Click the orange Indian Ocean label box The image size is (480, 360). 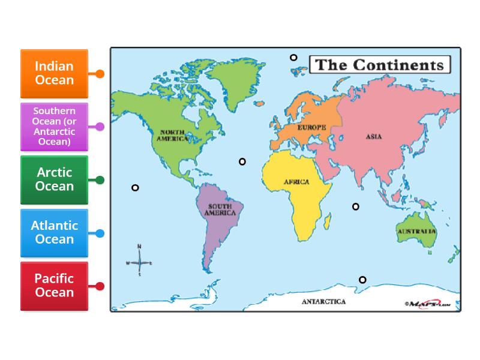tap(54, 73)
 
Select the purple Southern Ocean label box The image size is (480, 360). tap(54, 127)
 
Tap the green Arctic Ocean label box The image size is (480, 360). tap(54, 179)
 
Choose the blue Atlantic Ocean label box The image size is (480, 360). tap(54, 232)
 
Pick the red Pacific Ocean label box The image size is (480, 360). tap(54, 286)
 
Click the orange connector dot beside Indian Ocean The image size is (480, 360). tap(100, 74)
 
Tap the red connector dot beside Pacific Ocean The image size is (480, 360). tap(100, 286)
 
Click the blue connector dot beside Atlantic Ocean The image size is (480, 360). tap(100, 233)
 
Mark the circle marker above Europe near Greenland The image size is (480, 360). tap(293, 58)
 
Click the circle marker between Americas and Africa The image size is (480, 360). tap(242, 161)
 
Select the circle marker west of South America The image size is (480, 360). tap(135, 188)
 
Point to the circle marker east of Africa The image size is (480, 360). tap(356, 206)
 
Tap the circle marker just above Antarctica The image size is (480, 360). tap(362, 280)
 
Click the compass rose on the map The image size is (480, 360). tap(139, 263)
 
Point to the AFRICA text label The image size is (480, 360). tap(296, 182)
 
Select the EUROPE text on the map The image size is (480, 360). tap(311, 127)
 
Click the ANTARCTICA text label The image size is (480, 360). tap(323, 302)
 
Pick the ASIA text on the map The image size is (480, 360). tap(373, 136)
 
